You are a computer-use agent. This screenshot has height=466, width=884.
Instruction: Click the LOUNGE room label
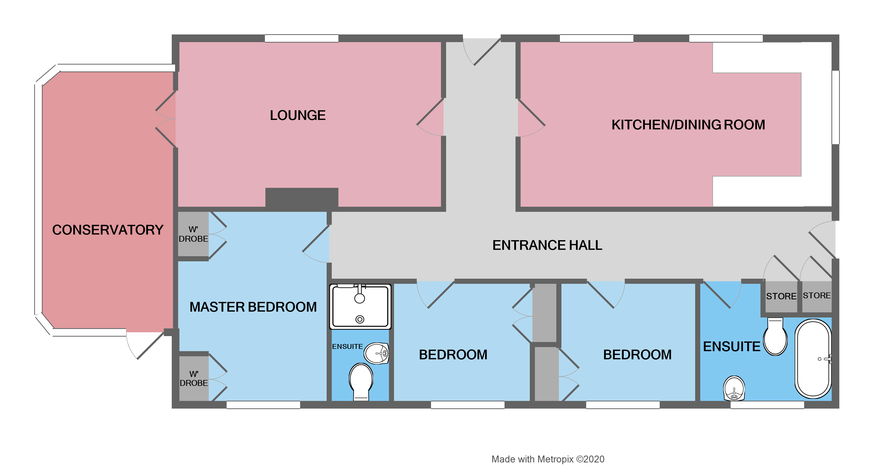coord(298,115)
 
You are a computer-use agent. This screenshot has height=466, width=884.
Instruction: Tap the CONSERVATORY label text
coord(108,230)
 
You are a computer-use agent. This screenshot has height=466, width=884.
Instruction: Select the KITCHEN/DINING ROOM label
coord(688,125)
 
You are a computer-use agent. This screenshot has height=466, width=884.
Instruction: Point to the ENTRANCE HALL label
coord(547,245)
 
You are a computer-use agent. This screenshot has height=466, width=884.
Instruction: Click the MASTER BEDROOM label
coord(253,307)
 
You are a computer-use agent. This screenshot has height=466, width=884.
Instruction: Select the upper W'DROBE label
coord(193,234)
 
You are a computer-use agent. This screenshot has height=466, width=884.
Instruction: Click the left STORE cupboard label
coord(781,296)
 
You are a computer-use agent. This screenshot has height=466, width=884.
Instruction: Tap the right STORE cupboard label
coord(816,296)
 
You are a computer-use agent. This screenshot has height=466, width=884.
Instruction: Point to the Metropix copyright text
coord(548,459)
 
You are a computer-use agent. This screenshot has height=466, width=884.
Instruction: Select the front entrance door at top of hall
coord(482,52)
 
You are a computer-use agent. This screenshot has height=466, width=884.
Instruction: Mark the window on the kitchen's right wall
coord(836,107)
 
